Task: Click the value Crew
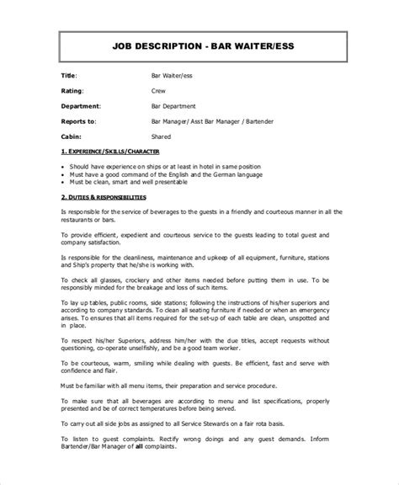tap(157, 91)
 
